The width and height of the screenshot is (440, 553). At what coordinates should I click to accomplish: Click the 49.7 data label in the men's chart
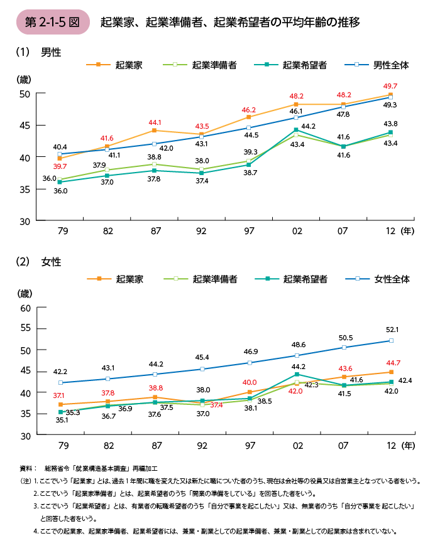click(x=390, y=85)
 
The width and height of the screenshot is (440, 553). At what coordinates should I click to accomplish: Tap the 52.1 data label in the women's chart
click(x=392, y=329)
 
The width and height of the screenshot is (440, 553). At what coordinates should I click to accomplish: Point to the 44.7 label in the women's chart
click(x=392, y=362)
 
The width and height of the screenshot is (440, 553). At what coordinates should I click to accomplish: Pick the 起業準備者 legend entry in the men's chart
click(x=205, y=65)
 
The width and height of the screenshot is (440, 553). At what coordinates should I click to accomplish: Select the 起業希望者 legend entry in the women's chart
click(x=295, y=279)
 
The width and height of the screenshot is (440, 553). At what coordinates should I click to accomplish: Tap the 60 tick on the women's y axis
click(x=26, y=308)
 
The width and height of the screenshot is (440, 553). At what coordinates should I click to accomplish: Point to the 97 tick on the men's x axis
click(x=249, y=231)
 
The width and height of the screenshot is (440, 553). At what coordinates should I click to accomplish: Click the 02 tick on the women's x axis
click(x=297, y=445)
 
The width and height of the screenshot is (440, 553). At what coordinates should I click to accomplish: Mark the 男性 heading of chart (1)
click(x=50, y=52)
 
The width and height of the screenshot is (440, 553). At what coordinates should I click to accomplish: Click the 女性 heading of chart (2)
click(x=50, y=262)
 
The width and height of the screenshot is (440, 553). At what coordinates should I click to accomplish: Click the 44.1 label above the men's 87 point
click(x=155, y=122)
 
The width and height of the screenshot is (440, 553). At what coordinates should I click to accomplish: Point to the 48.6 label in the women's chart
click(x=298, y=345)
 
